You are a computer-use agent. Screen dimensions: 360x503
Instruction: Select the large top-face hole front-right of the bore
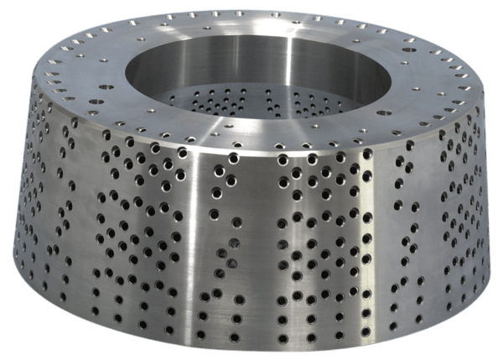(383, 112)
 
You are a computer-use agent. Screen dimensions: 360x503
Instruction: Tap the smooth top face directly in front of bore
(251, 134)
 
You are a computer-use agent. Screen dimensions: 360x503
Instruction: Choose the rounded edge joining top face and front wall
(251, 151)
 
